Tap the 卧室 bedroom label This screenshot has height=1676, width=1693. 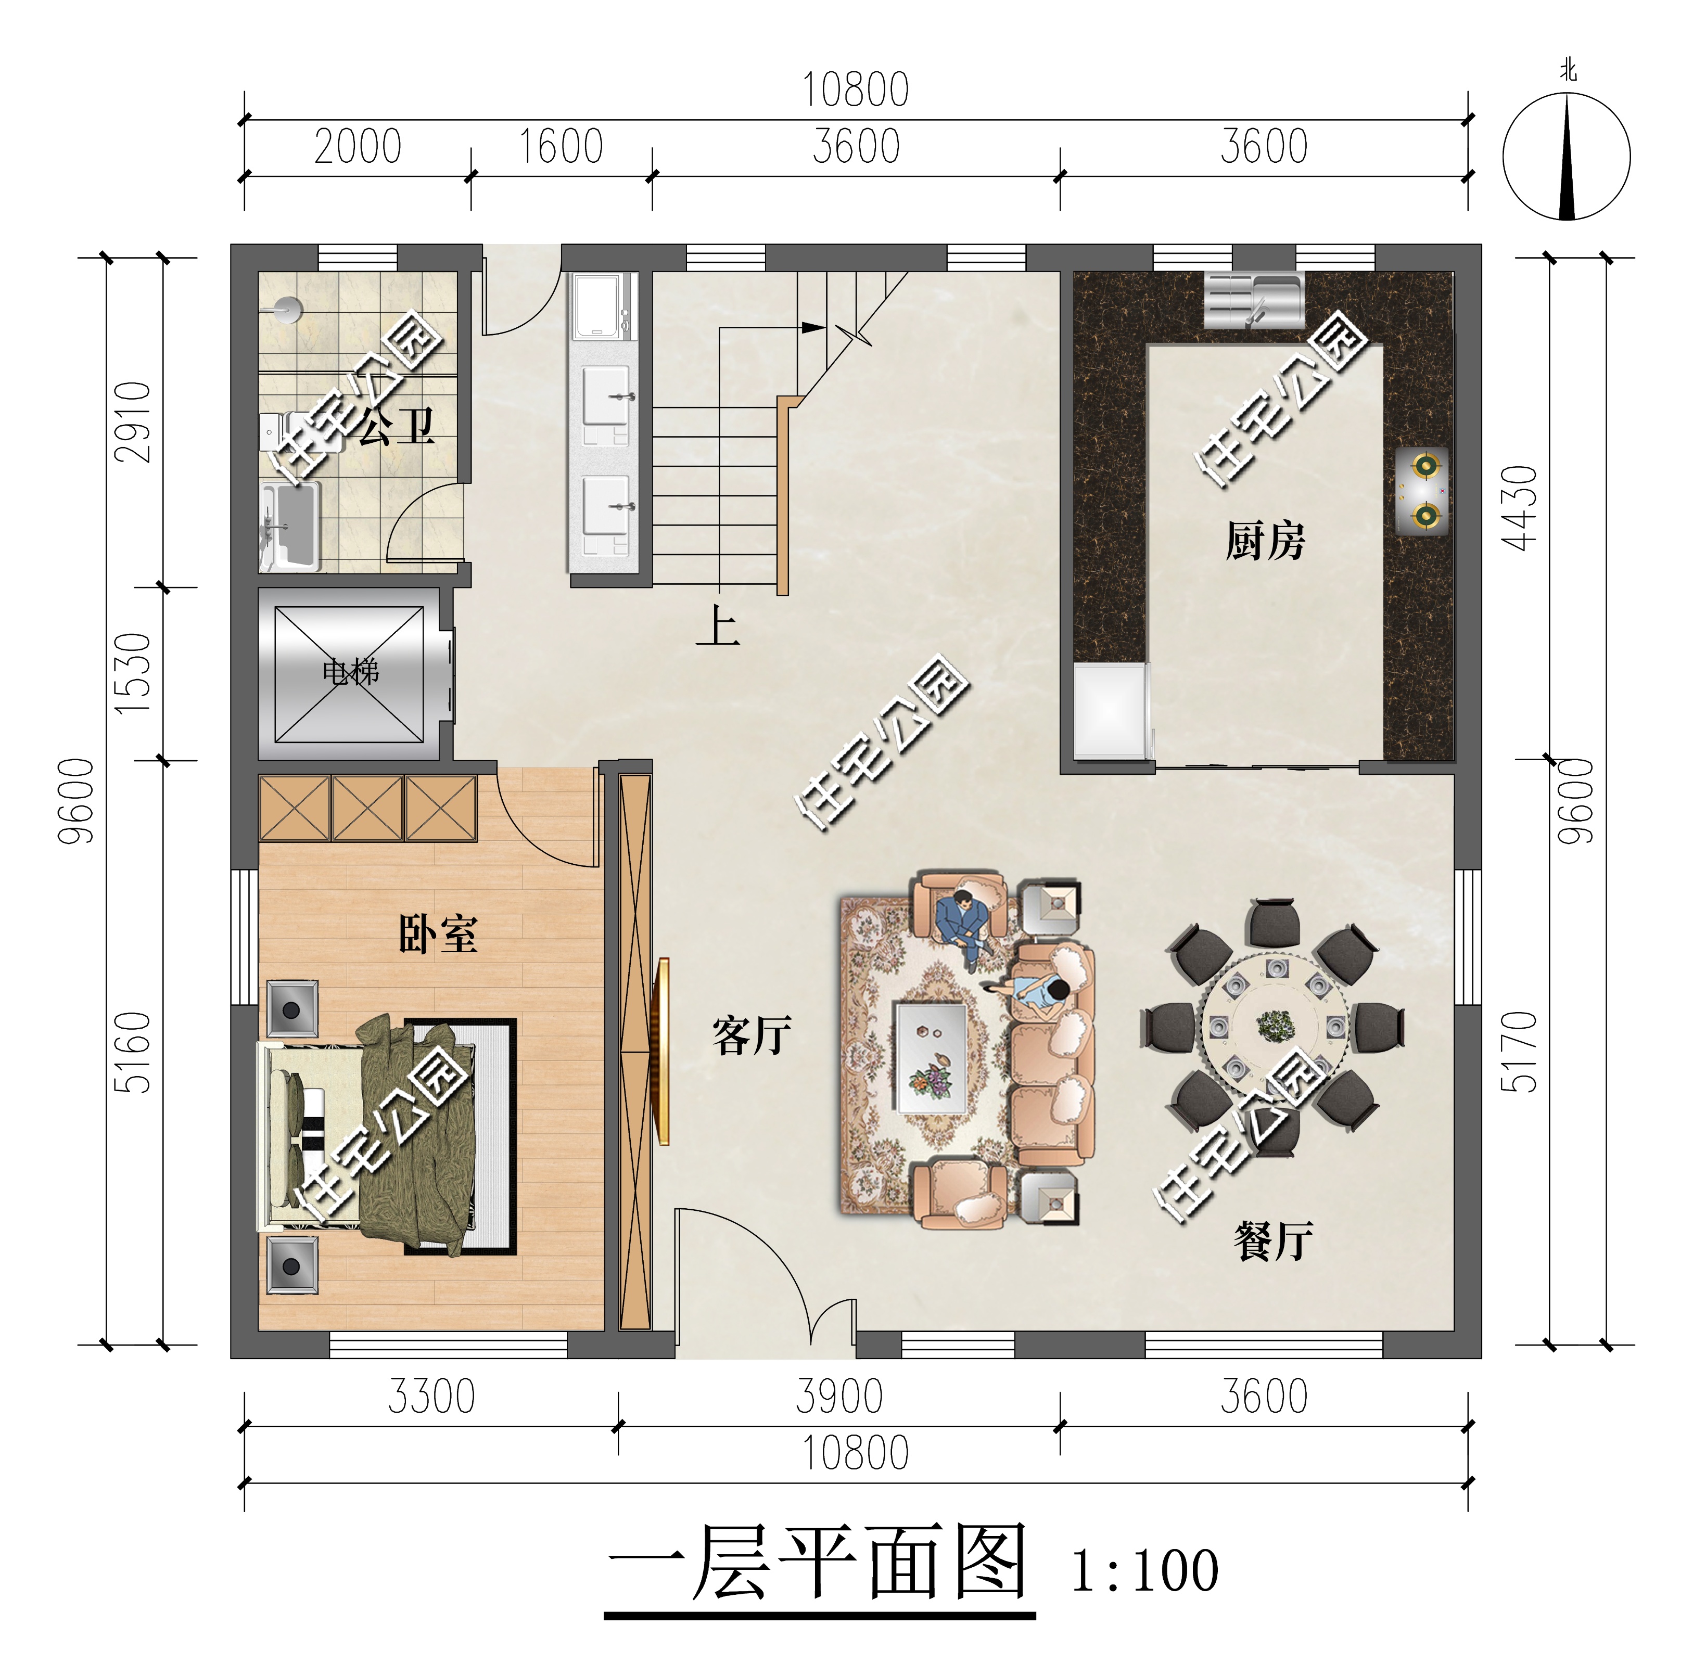coord(438,935)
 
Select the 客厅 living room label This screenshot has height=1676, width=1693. coord(752,1035)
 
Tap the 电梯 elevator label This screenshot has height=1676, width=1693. coord(350,672)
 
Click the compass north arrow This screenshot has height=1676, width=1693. coord(1567,158)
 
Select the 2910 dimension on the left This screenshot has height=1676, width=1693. coord(133,423)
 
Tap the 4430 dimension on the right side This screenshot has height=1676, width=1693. coord(1519,508)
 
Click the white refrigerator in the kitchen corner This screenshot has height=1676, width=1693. coord(1110,711)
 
